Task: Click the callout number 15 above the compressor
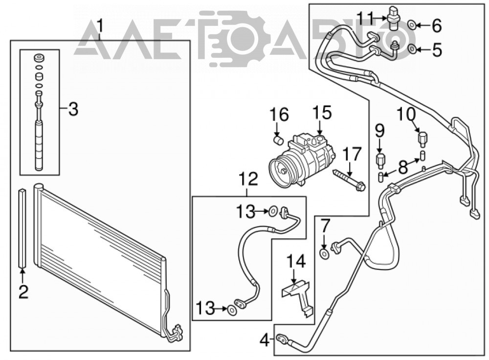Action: (322, 113)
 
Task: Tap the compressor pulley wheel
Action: (283, 172)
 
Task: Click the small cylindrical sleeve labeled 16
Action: (278, 140)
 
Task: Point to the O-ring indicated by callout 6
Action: (412, 24)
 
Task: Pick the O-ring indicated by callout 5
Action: (412, 48)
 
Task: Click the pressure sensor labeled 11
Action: (394, 18)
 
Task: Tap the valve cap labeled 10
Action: (422, 139)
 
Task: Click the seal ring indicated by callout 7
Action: (325, 254)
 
